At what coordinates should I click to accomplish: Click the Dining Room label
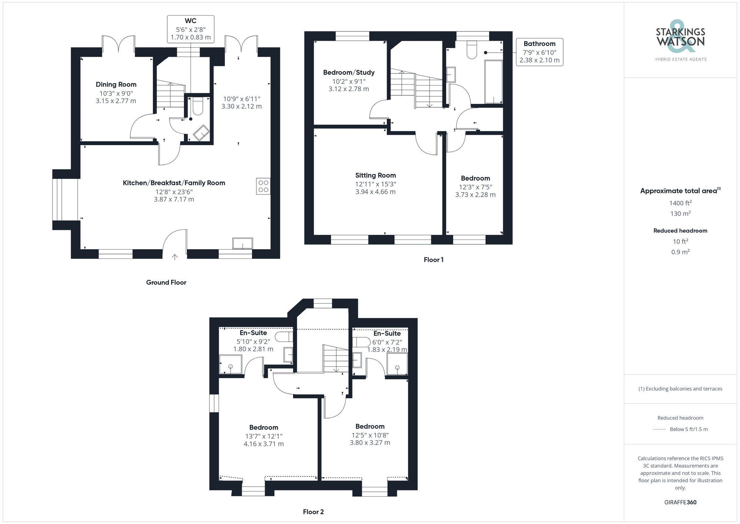coord(116,84)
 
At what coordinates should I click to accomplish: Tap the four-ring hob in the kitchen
coord(263,186)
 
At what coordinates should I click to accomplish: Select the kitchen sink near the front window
coord(242,243)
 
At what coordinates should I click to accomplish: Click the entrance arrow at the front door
coord(175,257)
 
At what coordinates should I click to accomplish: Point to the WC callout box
coord(191,29)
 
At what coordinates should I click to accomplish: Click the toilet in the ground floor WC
coord(198,106)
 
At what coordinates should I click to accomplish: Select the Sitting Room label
coord(375,176)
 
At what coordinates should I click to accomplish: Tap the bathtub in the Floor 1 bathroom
coord(493,82)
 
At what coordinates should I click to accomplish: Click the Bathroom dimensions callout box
coord(539,52)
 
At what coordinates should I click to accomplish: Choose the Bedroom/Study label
coord(349,73)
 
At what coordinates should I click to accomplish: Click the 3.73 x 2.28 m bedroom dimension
coord(475,195)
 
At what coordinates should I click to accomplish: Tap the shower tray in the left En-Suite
coord(231,364)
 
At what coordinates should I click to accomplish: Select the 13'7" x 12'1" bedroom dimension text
coord(263,436)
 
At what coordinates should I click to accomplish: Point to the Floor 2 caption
coord(313,512)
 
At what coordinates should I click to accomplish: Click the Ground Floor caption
coord(166,283)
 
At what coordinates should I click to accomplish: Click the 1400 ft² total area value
coord(680,203)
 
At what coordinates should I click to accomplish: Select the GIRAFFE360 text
coord(680,503)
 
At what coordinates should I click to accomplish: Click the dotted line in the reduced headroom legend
coord(659,430)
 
